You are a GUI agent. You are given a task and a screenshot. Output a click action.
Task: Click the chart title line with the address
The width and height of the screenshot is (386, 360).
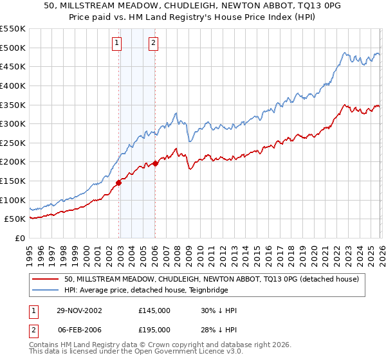point(193,6)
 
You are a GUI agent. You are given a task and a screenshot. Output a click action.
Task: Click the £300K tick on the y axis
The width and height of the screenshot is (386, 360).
point(13,123)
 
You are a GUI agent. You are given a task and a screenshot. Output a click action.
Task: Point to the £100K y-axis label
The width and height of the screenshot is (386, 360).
point(13,200)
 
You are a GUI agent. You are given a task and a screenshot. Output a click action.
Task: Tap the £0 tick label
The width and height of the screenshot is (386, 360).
point(19,238)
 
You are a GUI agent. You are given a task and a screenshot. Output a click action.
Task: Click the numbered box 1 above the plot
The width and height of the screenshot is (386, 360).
point(116,43)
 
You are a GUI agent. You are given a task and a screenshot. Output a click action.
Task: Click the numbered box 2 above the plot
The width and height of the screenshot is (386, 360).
point(154,43)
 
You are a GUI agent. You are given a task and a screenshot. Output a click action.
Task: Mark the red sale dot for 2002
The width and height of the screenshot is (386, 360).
point(119,183)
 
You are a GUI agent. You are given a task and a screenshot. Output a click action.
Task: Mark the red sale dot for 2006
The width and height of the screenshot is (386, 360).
point(155,164)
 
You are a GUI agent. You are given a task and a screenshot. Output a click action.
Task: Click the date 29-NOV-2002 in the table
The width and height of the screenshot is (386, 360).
point(80,310)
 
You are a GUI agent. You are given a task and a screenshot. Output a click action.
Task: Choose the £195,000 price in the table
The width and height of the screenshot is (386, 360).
point(154,329)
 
